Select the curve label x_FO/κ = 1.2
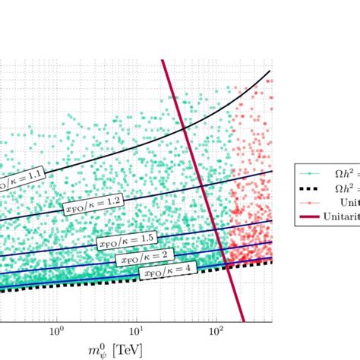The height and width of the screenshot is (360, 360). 82,203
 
